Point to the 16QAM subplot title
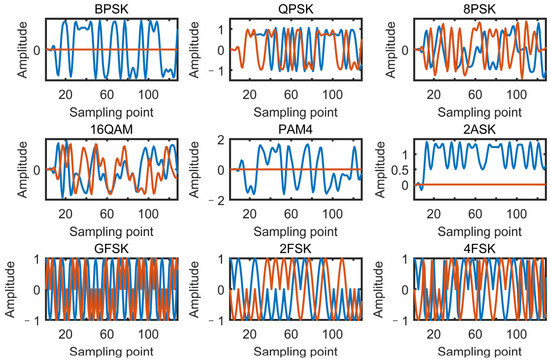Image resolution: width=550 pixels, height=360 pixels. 108,127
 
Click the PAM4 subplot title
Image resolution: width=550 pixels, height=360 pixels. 292,127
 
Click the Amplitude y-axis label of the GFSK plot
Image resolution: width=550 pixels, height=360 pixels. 10,290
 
